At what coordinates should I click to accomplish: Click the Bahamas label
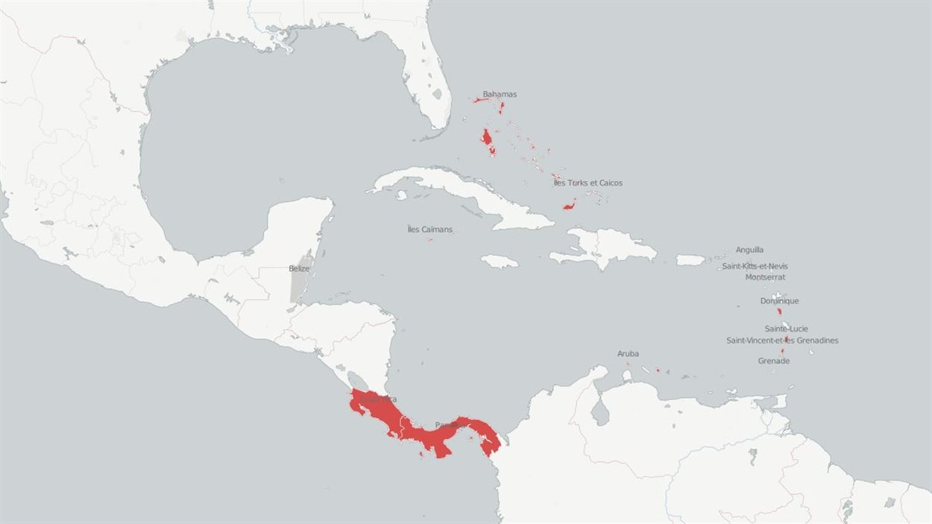(500, 95)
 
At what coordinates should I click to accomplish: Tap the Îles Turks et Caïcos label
(588, 183)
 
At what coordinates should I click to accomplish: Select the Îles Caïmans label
(430, 230)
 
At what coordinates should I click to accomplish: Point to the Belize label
(299, 268)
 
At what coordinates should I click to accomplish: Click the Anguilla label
(749, 250)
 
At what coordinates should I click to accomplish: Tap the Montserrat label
(765, 277)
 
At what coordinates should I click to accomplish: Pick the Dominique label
(779, 301)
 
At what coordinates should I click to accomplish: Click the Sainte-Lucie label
(786, 329)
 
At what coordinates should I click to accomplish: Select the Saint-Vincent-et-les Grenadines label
(782, 341)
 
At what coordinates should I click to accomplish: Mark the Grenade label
(773, 361)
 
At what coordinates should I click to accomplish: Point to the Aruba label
(628, 354)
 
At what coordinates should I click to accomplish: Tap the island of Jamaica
(499, 262)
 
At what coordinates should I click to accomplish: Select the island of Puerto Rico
(690, 260)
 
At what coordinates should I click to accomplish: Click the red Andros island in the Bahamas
(488, 139)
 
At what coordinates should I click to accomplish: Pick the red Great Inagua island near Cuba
(570, 204)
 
